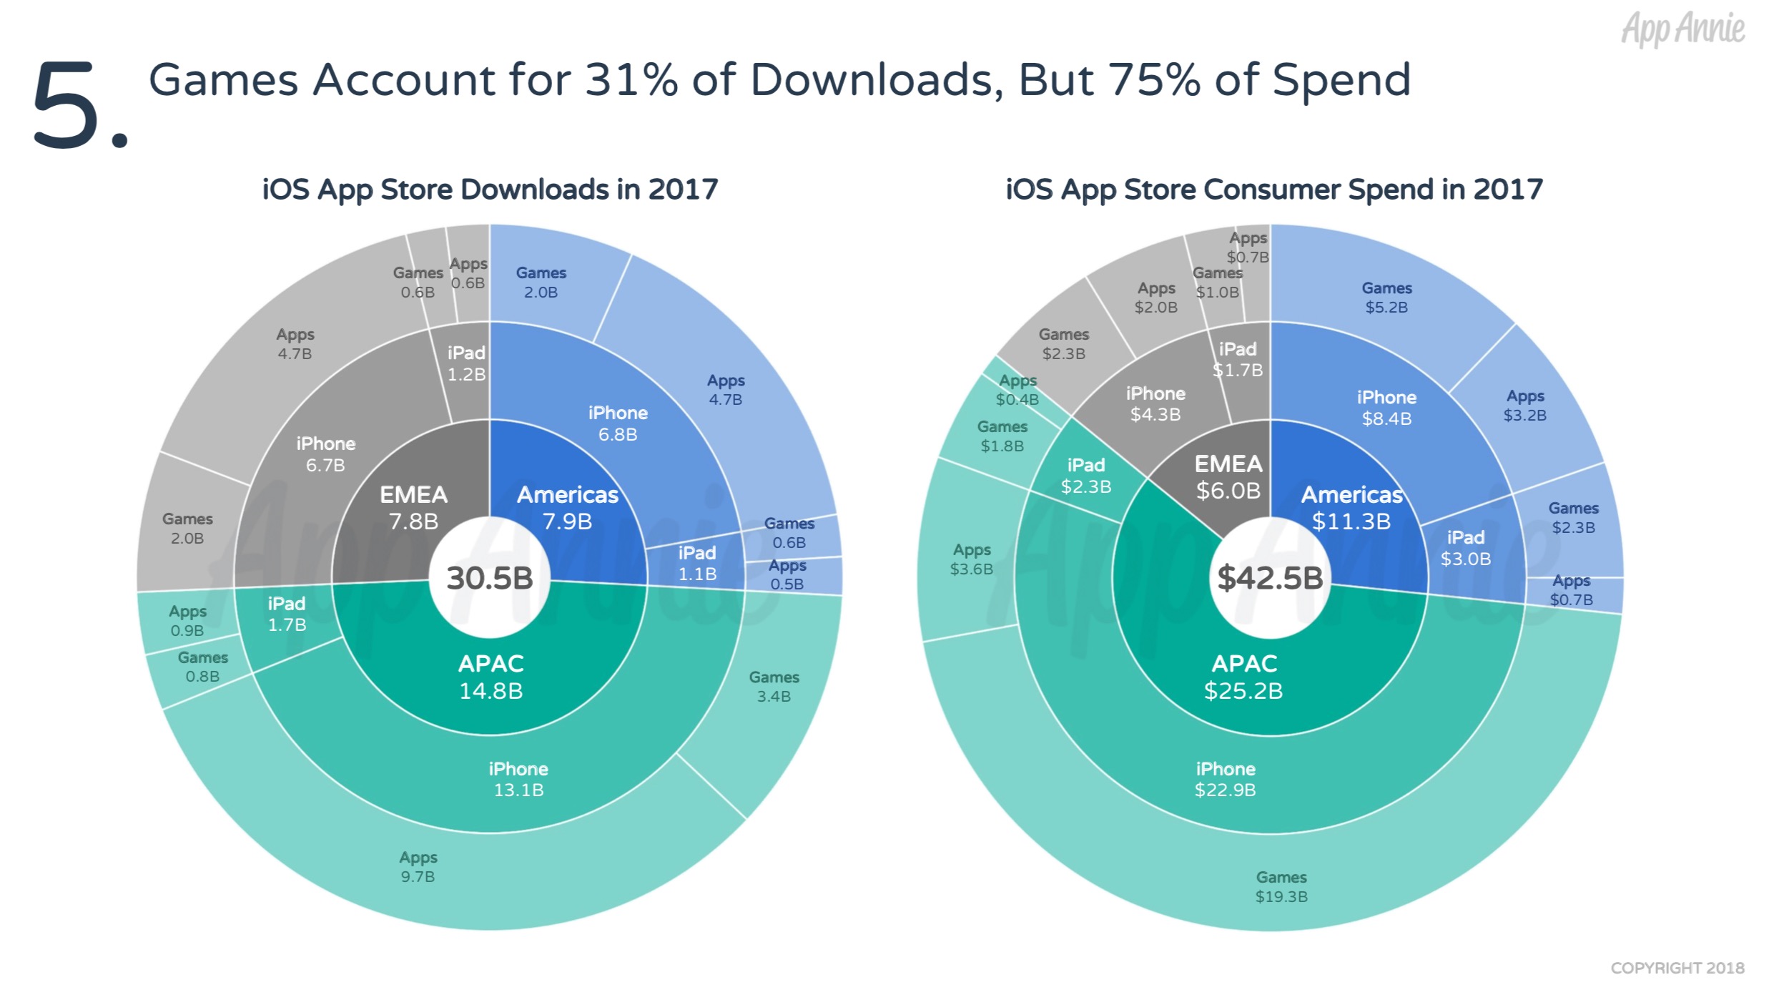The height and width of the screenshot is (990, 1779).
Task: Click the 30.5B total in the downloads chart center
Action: click(490, 578)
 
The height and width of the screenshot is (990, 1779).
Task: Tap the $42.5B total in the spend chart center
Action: click(1270, 578)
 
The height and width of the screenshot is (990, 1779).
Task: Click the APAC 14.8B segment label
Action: click(491, 677)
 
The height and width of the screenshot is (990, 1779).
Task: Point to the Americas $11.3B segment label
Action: click(1351, 508)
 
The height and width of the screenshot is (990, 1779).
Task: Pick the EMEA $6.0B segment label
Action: click(1228, 477)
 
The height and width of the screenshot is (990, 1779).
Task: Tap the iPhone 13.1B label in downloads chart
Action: click(518, 779)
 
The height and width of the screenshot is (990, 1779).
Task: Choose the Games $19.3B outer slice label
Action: click(1281, 886)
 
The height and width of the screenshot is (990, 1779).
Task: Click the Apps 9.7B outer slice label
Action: click(418, 866)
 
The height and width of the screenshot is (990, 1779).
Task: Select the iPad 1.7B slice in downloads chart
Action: click(287, 614)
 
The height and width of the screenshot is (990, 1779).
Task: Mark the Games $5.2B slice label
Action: click(1386, 298)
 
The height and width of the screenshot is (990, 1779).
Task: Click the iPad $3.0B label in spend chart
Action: click(1466, 548)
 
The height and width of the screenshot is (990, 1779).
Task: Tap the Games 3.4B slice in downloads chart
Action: click(774, 686)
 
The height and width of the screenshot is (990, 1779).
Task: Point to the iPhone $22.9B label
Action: click(1226, 779)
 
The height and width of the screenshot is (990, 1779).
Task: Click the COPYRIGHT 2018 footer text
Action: click(1677, 968)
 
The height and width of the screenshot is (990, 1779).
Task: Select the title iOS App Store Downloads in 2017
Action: click(490, 190)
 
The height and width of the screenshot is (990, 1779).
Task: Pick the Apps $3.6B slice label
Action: click(971, 559)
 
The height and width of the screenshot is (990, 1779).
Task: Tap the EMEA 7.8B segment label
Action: click(413, 508)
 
